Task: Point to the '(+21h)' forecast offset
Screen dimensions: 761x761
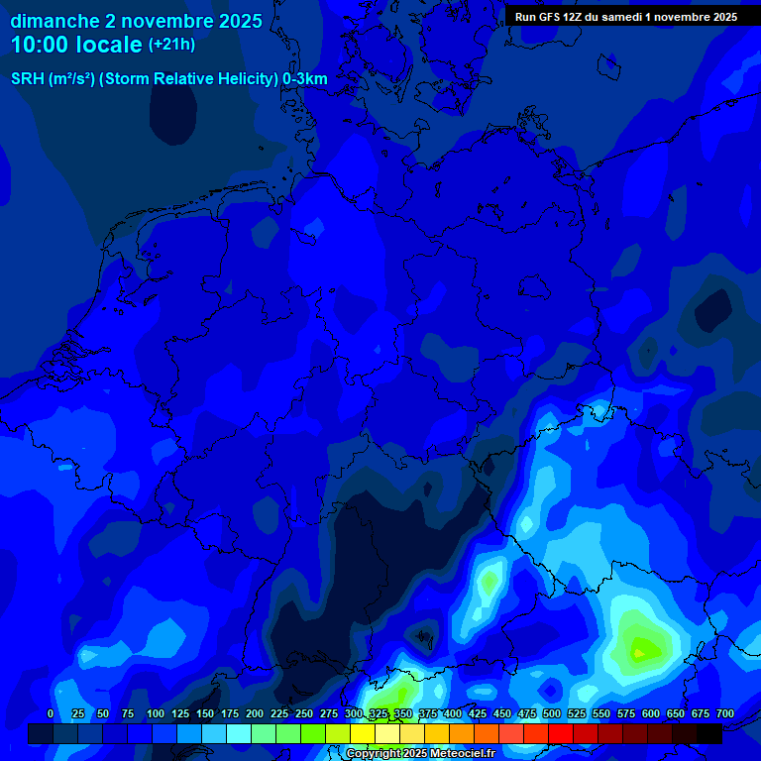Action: [171, 45]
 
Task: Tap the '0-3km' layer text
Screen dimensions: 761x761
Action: [305, 79]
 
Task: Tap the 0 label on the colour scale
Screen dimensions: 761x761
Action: [51, 713]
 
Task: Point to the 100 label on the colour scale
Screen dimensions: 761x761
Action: [156, 713]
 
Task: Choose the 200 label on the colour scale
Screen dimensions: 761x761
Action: [255, 713]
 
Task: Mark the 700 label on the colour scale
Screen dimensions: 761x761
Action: [725, 713]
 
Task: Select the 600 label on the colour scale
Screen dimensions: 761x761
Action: [651, 713]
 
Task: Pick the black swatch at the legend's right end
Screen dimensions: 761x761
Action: [709, 733]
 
